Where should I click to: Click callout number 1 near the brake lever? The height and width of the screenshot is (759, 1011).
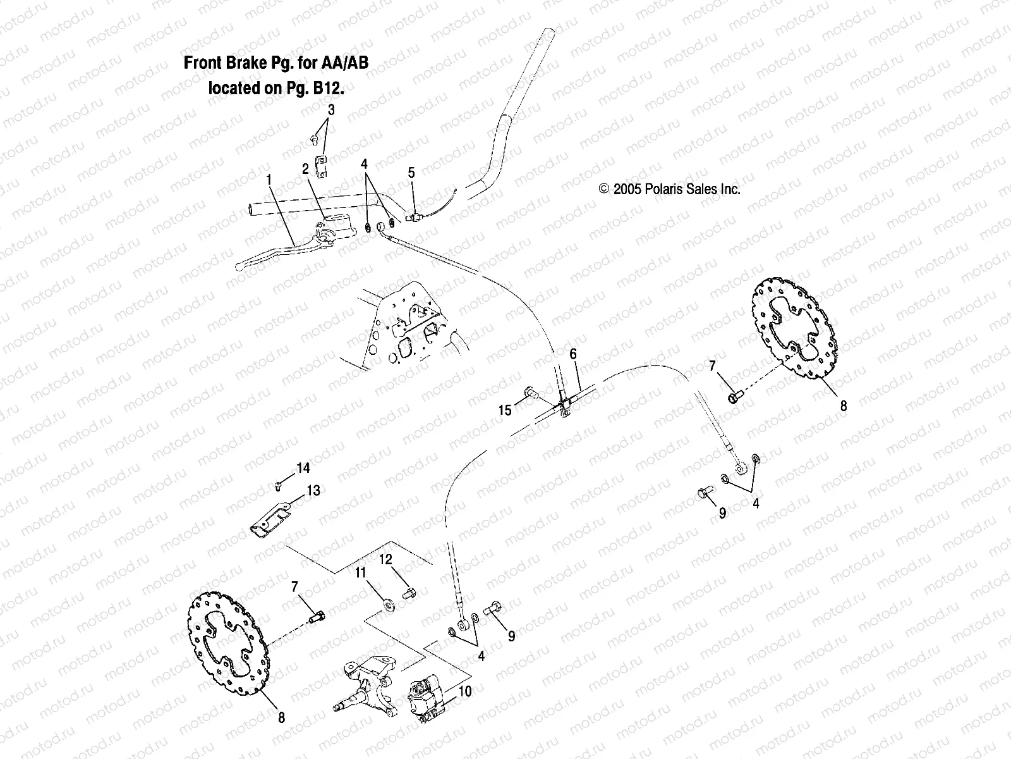click(269, 180)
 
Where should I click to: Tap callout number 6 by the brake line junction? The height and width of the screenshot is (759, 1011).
click(573, 354)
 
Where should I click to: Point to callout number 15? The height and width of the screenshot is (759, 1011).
click(505, 410)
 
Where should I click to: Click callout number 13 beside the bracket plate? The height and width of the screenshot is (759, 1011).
click(313, 490)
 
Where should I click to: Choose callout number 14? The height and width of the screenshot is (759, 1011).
click(303, 469)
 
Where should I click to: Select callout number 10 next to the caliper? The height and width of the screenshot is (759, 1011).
click(464, 691)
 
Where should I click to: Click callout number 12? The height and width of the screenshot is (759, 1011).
click(385, 559)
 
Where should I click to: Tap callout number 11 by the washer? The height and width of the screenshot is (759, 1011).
click(360, 574)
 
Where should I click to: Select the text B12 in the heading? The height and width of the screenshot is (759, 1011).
click(329, 88)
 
